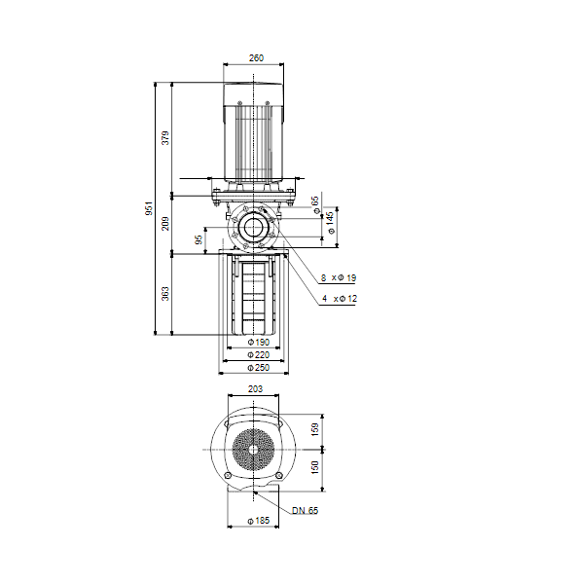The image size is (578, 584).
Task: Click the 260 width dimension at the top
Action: tap(256, 58)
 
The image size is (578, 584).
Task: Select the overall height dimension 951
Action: tap(149, 208)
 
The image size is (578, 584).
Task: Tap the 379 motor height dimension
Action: tap(165, 138)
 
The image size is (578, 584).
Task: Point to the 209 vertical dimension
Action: tap(165, 224)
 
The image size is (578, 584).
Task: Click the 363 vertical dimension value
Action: tap(165, 294)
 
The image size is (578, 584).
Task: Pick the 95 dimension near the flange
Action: tap(199, 239)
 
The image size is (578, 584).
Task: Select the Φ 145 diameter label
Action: tap(330, 223)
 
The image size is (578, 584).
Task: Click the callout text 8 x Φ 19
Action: tap(339, 277)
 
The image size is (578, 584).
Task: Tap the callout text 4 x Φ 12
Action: tap(340, 299)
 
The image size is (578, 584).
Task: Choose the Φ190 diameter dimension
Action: tap(259, 342)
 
